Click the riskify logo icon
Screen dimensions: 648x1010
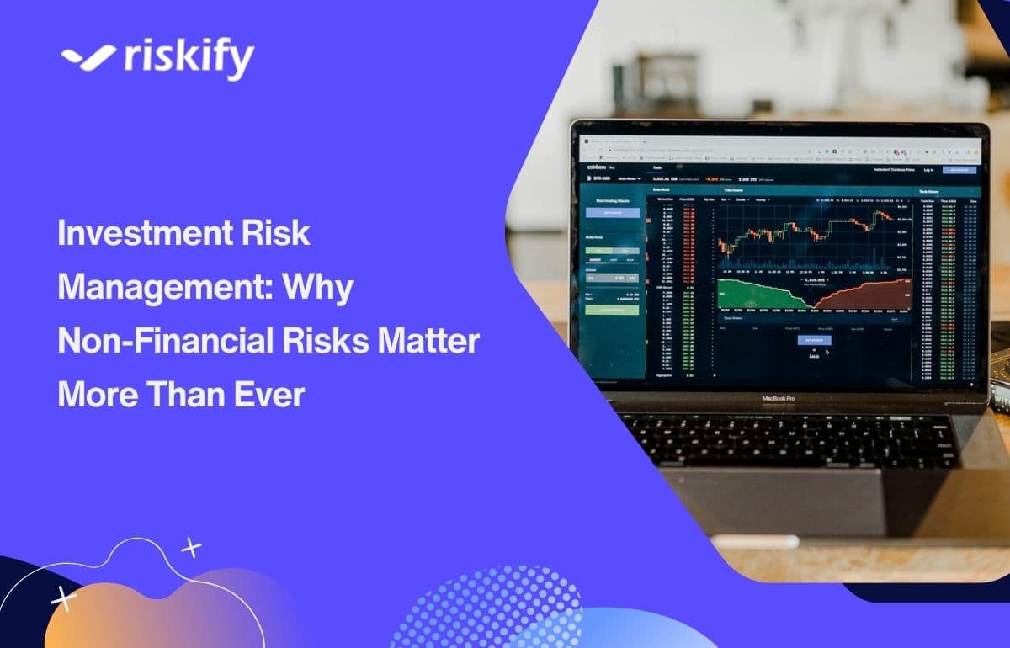[88, 56]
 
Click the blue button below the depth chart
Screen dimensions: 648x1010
[813, 340]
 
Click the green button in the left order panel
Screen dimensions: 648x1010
[612, 309]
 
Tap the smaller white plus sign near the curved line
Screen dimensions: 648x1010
[192, 549]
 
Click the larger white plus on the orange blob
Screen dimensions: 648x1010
[63, 598]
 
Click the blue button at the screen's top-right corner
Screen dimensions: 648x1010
[959, 170]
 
